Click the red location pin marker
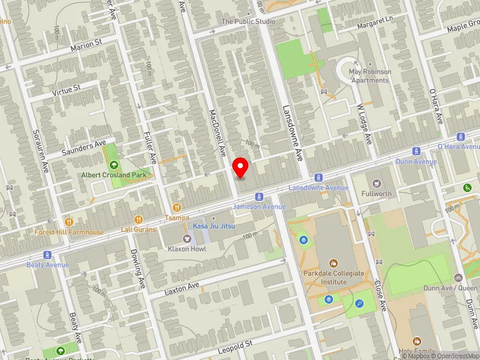coord(241,167)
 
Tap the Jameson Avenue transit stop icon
coord(259,196)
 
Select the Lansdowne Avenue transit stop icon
coord(318,178)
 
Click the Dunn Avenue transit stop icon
coord(415,152)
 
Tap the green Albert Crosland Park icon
coord(113,164)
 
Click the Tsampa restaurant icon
coord(176,207)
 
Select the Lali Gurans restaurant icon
coord(139,220)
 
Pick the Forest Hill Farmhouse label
coord(77,232)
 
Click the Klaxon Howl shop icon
coord(186,239)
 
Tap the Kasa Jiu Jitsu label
coord(213,226)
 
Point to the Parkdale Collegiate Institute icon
coord(333,263)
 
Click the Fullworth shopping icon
coord(376,183)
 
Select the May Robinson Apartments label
coord(370,76)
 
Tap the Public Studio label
coord(248,22)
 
